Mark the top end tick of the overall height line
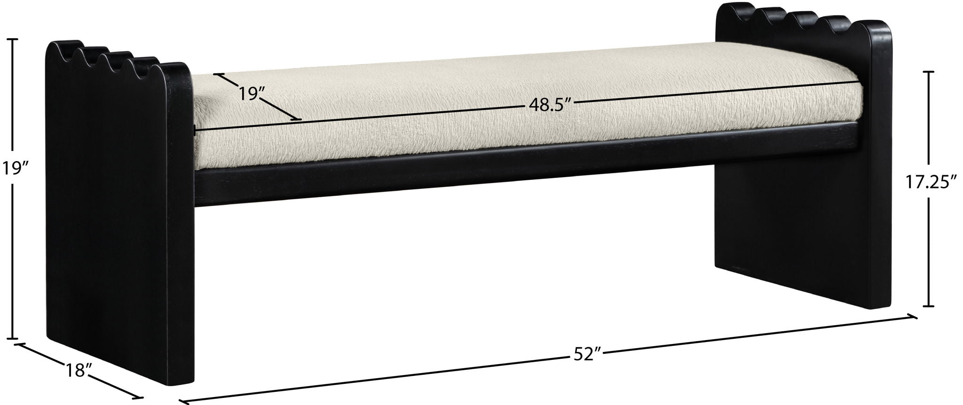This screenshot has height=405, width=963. pos(12,39)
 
